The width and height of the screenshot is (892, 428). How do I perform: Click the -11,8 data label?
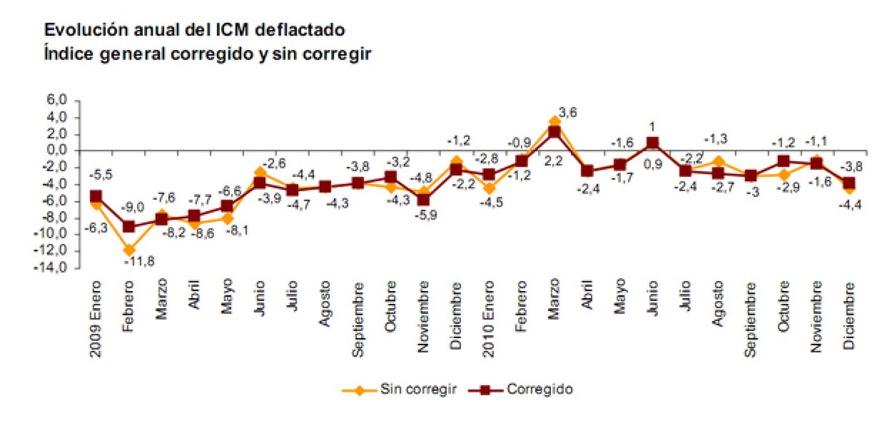click(x=139, y=261)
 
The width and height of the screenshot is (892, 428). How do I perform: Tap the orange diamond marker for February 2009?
click(x=129, y=250)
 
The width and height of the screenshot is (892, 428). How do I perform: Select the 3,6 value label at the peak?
click(x=568, y=113)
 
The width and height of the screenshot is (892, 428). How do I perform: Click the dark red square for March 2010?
click(x=554, y=132)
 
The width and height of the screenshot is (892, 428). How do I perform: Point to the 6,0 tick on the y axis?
click(x=57, y=100)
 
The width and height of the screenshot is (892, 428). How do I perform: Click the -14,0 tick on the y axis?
click(x=51, y=267)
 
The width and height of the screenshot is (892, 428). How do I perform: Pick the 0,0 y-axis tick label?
click(x=57, y=150)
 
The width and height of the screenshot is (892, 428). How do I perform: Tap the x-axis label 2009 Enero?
click(x=96, y=319)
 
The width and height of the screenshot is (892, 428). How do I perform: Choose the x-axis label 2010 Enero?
click(x=489, y=319)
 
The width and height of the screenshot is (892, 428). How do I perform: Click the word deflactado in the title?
click(x=300, y=30)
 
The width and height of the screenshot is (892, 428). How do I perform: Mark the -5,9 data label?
click(x=426, y=216)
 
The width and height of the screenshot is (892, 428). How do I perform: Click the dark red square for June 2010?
click(x=652, y=143)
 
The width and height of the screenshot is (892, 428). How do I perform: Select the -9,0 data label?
click(x=133, y=208)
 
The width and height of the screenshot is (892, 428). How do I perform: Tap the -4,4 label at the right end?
click(x=850, y=205)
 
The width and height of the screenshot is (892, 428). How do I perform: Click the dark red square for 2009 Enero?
click(x=96, y=197)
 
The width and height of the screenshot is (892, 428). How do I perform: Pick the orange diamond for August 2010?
click(x=718, y=162)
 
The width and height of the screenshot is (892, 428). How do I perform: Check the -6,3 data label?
click(x=96, y=227)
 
